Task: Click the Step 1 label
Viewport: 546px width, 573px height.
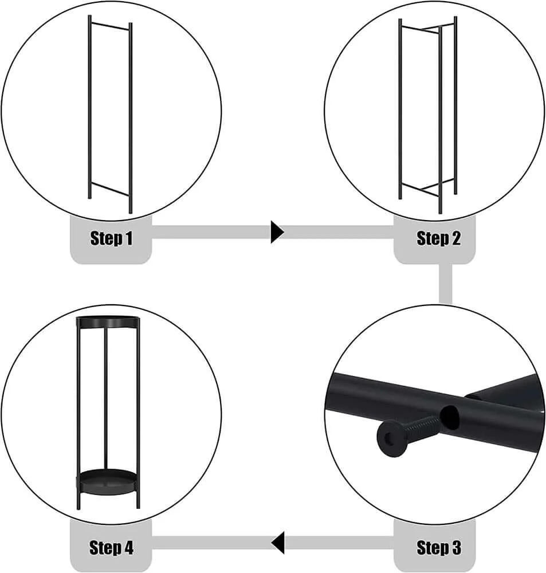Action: [x=111, y=238]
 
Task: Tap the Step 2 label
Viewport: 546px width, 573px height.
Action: [x=438, y=238]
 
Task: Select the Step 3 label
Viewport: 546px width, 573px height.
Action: [x=438, y=547]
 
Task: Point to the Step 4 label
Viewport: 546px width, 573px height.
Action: [x=111, y=547]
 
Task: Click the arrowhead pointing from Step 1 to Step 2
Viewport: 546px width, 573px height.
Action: [x=277, y=231]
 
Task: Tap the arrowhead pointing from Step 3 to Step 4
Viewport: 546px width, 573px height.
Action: [x=278, y=543]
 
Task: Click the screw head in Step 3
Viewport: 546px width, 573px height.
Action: [x=391, y=438]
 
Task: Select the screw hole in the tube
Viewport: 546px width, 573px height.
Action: [x=450, y=417]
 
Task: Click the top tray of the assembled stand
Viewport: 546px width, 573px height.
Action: [x=108, y=322]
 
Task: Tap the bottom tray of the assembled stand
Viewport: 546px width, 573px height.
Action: [x=108, y=482]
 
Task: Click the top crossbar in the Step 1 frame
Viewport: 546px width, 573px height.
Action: [x=110, y=26]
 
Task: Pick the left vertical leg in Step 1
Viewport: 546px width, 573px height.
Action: [x=89, y=107]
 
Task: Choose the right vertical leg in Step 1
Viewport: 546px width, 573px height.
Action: [x=131, y=118]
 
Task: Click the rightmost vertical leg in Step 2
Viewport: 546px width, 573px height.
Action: [x=455, y=105]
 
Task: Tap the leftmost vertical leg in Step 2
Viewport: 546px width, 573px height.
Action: [x=400, y=109]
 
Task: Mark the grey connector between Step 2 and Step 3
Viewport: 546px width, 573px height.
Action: [x=446, y=284]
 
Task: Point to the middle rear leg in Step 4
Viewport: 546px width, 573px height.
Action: [x=106, y=398]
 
